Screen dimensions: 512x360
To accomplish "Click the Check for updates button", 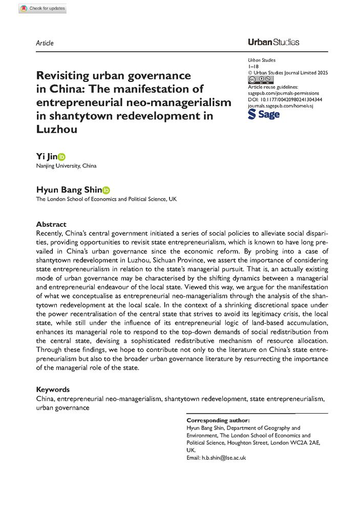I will [43, 8].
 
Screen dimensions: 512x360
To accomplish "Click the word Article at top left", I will [45, 43].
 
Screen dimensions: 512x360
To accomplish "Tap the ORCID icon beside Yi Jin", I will [62, 157].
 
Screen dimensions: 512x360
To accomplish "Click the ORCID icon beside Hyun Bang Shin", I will [106, 190].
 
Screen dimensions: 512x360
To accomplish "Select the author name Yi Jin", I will [46, 157].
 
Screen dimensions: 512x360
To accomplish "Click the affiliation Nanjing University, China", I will [66, 166].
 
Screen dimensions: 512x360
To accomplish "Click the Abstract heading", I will [51, 224].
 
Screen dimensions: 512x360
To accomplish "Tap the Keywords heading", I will [53, 390].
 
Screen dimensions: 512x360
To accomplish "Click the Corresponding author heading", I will [218, 420].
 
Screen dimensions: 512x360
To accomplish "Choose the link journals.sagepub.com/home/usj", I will [280, 105].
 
